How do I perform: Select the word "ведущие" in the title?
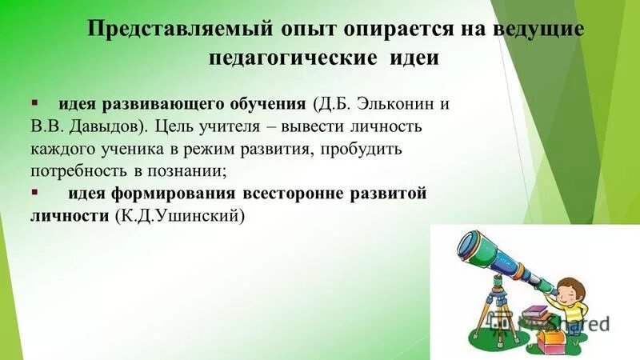tap(540, 30)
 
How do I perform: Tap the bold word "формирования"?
tap(178, 194)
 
